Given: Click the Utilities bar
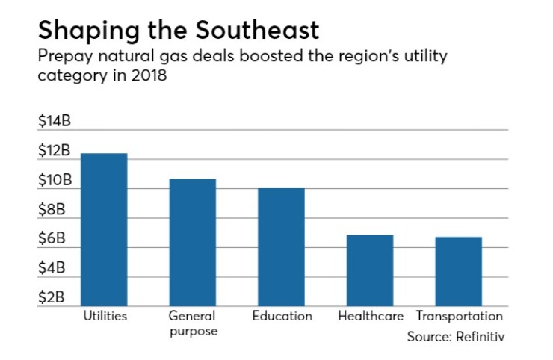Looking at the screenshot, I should tap(104, 229).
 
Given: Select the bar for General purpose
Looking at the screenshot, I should tap(192, 242).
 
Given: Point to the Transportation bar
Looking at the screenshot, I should tap(459, 271).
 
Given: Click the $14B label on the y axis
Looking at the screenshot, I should tap(54, 122).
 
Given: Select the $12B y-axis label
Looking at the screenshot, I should tap(54, 151).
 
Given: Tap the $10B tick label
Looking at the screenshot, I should tap(54, 180).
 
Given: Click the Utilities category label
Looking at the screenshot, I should tap(104, 316).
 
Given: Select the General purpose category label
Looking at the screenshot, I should tap(192, 323).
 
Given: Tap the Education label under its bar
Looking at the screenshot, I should tap(282, 316).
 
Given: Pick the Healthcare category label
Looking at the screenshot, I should tap(370, 316).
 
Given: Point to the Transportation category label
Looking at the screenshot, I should tap(459, 316).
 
